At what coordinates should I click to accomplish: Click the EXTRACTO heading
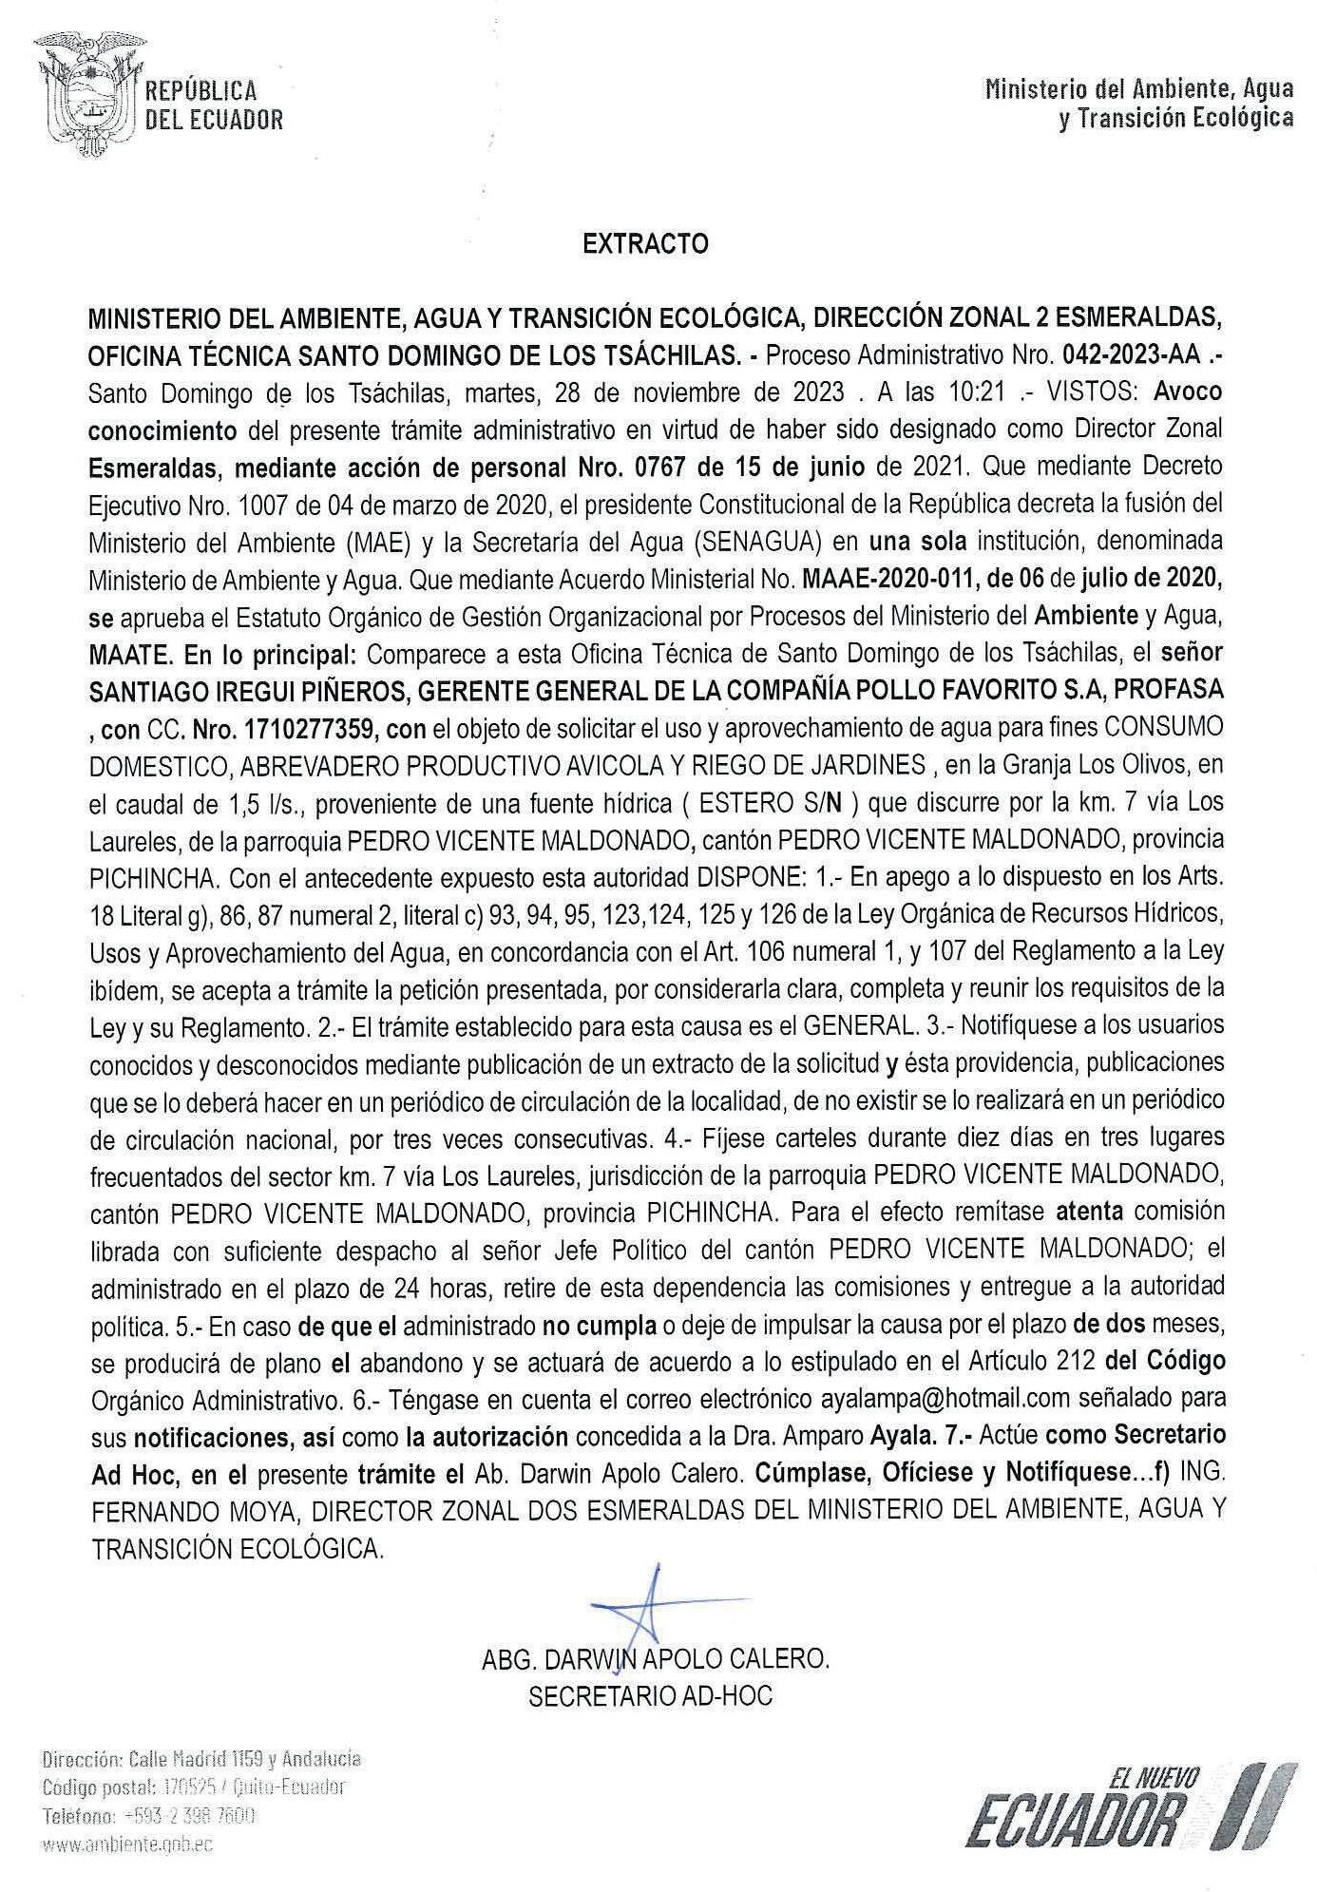pos(645,244)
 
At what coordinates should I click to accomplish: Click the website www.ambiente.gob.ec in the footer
pos(127,1844)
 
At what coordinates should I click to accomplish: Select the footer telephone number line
pos(148,1815)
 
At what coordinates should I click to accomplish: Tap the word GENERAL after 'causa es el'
pos(858,1025)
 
